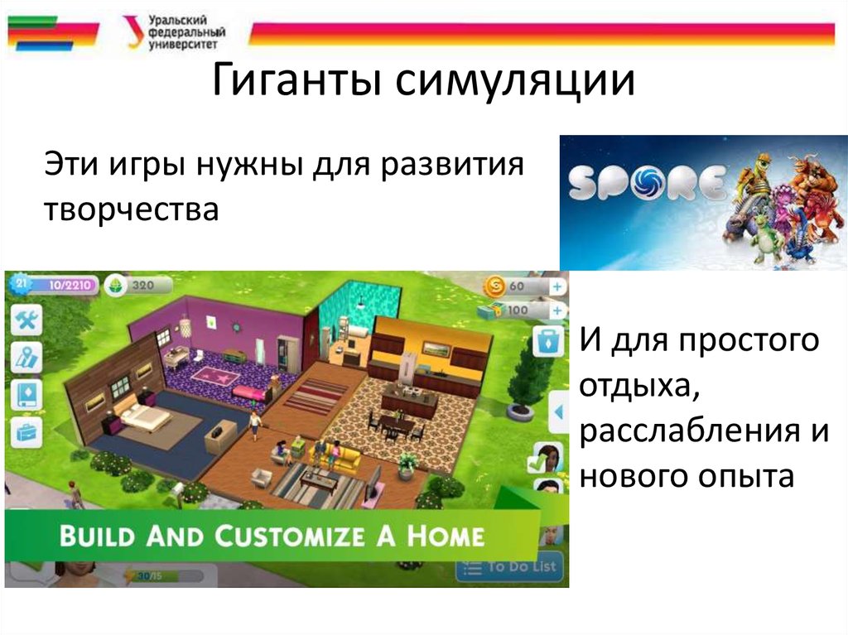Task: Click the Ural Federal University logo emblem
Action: [132, 32]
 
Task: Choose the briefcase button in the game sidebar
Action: [26, 431]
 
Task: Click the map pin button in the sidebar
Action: [26, 357]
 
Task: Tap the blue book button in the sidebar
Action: [26, 394]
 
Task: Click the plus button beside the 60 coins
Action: [557, 286]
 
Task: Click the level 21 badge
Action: [20, 284]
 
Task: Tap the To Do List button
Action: [512, 567]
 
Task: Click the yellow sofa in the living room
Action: [340, 454]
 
